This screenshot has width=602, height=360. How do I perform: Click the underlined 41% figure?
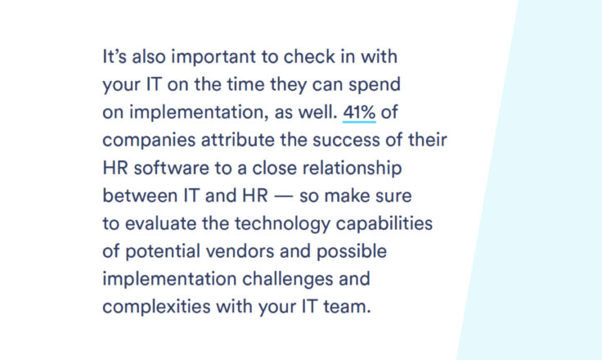pyautogui.click(x=359, y=113)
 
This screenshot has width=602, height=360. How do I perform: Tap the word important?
pyautogui.click(x=213, y=57)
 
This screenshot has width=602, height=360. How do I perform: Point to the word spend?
pyautogui.click(x=375, y=85)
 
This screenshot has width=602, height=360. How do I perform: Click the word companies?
pyautogui.click(x=149, y=141)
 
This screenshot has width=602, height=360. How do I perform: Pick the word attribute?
pyautogui.click(x=238, y=140)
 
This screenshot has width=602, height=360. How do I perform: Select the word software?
pyautogui.click(x=171, y=168)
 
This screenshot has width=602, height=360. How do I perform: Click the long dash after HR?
pyautogui.click(x=284, y=196)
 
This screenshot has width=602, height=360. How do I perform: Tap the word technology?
pyautogui.click(x=282, y=224)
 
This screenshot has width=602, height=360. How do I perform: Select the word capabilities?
pyautogui.click(x=384, y=224)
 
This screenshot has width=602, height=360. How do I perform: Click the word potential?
pyautogui.click(x=163, y=252)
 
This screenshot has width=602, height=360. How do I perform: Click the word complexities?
pyautogui.click(x=156, y=308)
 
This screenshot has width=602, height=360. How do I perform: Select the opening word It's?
pyautogui.click(x=115, y=56)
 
